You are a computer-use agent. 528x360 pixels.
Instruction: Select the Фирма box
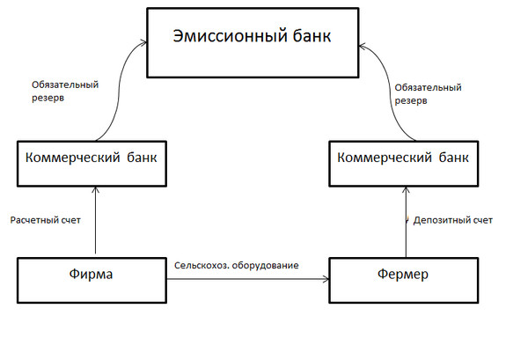click(x=92, y=276)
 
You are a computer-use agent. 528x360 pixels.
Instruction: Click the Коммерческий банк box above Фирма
click(x=92, y=162)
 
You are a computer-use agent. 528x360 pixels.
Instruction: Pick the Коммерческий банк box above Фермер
click(x=407, y=162)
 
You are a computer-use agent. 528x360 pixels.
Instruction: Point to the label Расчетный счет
click(x=45, y=219)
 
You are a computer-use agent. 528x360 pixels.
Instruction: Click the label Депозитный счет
click(x=452, y=219)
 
